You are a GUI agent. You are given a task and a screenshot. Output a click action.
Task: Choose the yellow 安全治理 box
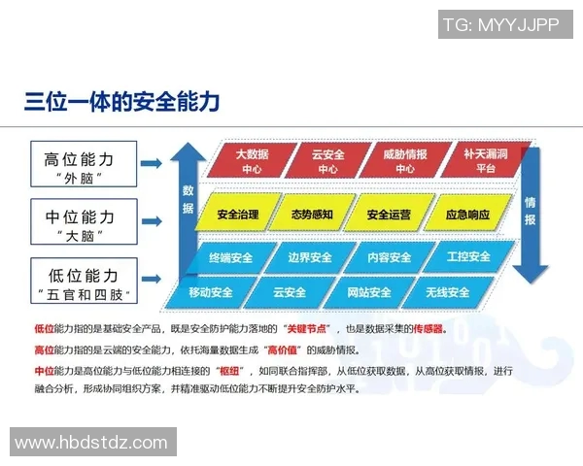tap(238, 214)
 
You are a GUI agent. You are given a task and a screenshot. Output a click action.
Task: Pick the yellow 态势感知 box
tap(312, 214)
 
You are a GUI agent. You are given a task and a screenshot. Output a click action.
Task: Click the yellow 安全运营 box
tap(388, 214)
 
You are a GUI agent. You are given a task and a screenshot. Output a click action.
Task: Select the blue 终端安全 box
tap(230, 259)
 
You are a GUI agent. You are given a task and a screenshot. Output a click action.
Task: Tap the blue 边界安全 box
tap(310, 259)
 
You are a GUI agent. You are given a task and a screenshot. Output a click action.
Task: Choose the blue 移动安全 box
tap(211, 292)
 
